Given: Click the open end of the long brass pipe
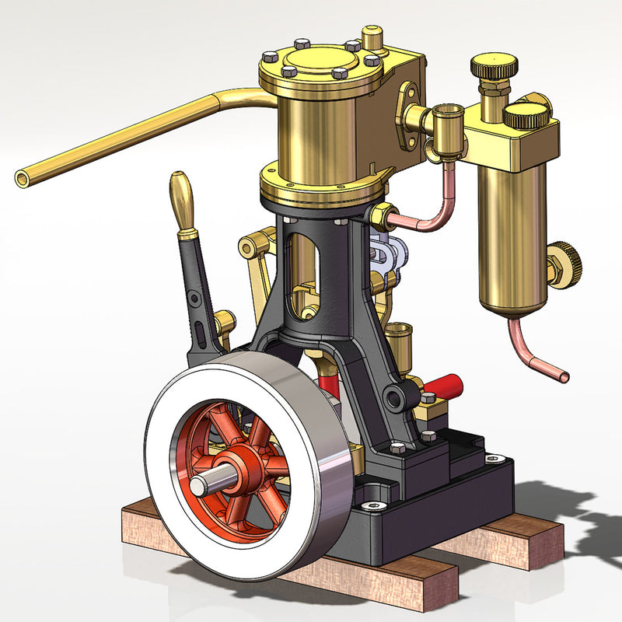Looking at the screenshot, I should [23, 178].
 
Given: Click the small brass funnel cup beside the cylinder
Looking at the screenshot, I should [447, 121].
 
